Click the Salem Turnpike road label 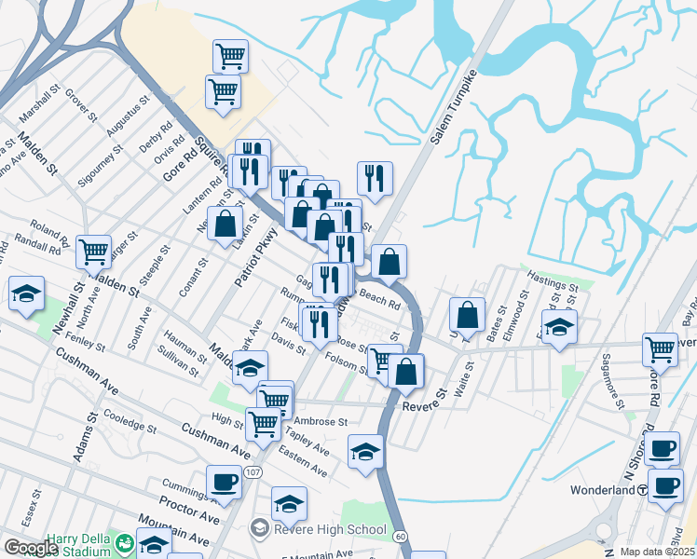click(x=447, y=110)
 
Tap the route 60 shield click(x=400, y=537)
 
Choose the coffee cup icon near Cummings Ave click(x=224, y=482)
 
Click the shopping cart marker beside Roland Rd click(x=93, y=251)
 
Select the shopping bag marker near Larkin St click(x=224, y=225)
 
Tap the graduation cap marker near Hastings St click(x=559, y=327)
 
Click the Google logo click(x=30, y=548)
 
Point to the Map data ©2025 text click(x=657, y=552)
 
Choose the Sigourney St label click(x=101, y=165)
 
